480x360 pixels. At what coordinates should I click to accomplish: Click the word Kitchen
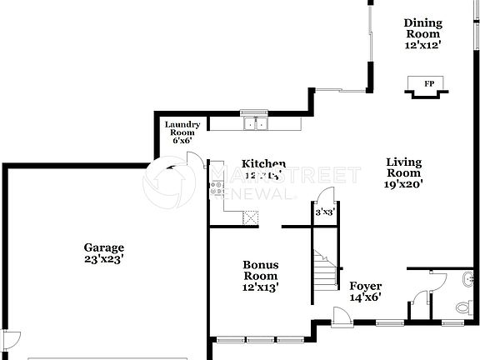(264, 164)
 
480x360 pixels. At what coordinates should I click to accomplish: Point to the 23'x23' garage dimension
(104, 259)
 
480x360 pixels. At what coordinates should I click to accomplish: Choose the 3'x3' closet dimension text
(324, 212)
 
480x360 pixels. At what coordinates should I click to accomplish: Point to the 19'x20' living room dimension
(404, 186)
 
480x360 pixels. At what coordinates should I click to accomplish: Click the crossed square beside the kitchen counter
(250, 217)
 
